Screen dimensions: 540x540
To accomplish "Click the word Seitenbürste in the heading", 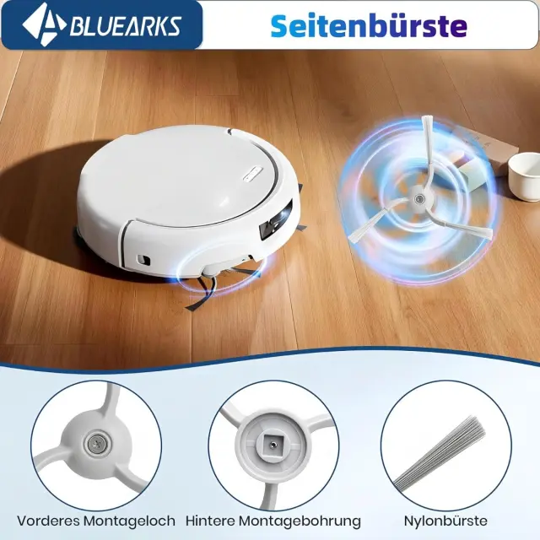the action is (x=369, y=25).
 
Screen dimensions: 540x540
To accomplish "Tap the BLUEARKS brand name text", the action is (x=126, y=26).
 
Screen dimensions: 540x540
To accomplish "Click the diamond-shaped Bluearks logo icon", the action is (x=44, y=24).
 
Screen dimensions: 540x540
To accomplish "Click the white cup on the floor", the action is (x=524, y=176).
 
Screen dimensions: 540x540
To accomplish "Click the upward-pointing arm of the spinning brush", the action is (x=427, y=152).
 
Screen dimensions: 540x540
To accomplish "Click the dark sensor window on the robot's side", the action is (x=276, y=220).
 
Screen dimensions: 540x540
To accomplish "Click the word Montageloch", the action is (x=129, y=521).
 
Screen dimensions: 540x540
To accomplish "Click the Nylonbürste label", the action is (x=445, y=521).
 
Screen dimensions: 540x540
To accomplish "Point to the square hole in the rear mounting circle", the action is (x=272, y=445).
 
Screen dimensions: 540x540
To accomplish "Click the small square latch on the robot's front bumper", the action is (x=143, y=260).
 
